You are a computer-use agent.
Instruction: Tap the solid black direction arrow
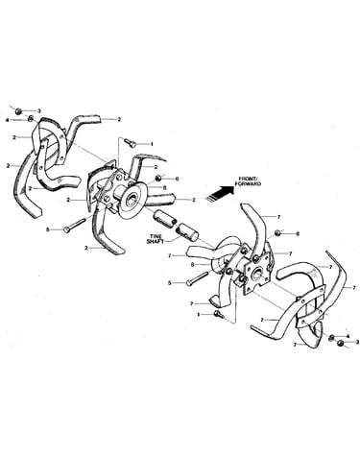(x=220, y=193)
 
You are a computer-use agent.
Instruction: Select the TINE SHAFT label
(x=156, y=239)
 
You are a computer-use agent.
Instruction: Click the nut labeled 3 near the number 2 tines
(x=18, y=111)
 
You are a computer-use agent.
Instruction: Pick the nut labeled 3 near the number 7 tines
(x=341, y=344)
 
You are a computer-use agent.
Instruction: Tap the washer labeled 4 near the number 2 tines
(x=31, y=119)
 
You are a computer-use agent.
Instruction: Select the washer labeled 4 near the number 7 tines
(x=332, y=337)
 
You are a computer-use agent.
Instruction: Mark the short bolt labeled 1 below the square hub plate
(x=220, y=314)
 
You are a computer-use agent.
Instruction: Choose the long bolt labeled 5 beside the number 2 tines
(x=75, y=225)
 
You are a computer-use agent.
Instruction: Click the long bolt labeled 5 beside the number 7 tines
(x=198, y=277)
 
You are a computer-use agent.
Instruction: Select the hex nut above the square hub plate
(x=277, y=232)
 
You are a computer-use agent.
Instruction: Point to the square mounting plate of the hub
(x=256, y=273)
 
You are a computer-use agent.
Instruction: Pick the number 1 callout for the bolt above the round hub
(x=152, y=144)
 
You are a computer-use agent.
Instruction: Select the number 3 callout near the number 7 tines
(x=357, y=342)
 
